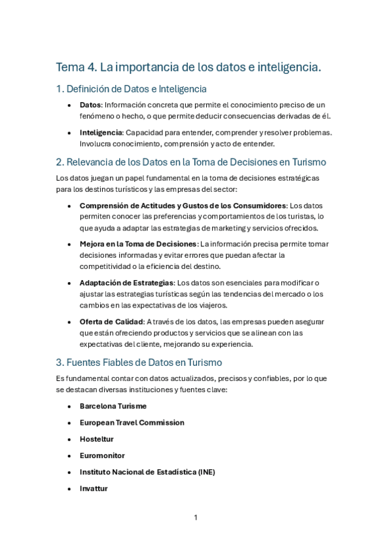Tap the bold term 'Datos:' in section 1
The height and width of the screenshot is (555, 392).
click(x=91, y=105)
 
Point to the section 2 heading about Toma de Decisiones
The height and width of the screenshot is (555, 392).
click(x=191, y=162)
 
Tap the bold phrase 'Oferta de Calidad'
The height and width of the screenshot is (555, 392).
click(x=112, y=321)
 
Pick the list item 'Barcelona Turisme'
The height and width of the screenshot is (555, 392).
click(x=113, y=406)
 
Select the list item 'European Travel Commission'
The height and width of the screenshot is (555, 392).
click(x=132, y=423)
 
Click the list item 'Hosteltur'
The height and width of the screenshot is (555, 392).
click(x=96, y=439)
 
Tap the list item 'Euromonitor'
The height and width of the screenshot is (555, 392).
click(x=102, y=456)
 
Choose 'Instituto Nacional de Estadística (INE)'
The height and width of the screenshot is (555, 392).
click(x=147, y=472)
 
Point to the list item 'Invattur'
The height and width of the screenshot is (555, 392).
click(x=94, y=488)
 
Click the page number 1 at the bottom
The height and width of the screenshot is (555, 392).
click(x=196, y=518)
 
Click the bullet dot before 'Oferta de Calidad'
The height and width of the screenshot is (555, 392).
click(x=70, y=322)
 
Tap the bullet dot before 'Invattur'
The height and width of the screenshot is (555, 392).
click(x=70, y=489)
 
